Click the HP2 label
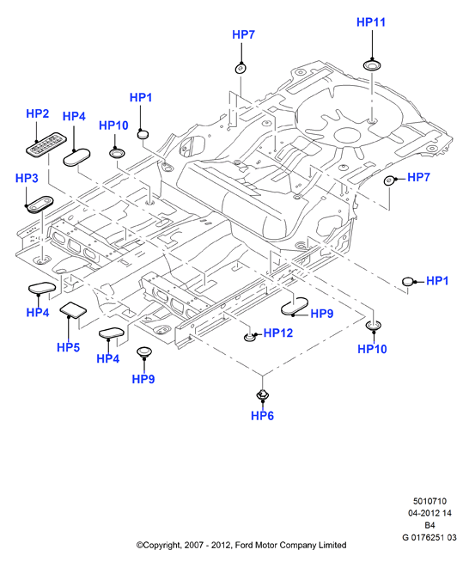(x=37, y=113)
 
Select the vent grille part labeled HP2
(x=46, y=144)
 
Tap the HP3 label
(x=27, y=178)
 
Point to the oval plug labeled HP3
(x=39, y=205)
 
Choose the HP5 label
(x=68, y=347)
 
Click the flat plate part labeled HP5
(x=73, y=309)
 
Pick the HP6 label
(x=262, y=416)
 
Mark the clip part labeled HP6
(x=262, y=394)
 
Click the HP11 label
(x=371, y=22)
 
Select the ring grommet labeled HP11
(x=372, y=65)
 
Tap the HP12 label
(x=278, y=333)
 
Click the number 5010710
(x=429, y=501)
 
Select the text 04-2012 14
(x=429, y=513)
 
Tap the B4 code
(x=429, y=525)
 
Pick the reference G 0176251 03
(x=429, y=537)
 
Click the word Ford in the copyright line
(x=243, y=545)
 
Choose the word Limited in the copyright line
(x=332, y=545)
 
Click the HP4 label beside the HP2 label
(x=74, y=116)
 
